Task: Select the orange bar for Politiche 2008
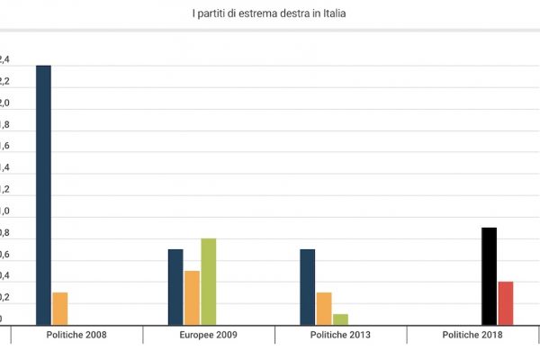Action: (60, 309)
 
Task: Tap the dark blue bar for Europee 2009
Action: (176, 287)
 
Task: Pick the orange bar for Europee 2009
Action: (192, 298)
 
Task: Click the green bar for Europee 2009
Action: (208, 282)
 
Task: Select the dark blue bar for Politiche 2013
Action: (307, 287)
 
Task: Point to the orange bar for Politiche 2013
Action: (323, 309)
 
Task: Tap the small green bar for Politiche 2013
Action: (339, 319)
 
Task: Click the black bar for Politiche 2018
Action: (489, 276)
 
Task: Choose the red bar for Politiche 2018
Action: (506, 303)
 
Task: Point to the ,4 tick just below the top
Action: (4, 59)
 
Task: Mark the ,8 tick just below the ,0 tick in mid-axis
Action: (4, 232)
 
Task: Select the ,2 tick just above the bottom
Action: (4, 298)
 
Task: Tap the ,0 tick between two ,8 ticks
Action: (4, 211)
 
